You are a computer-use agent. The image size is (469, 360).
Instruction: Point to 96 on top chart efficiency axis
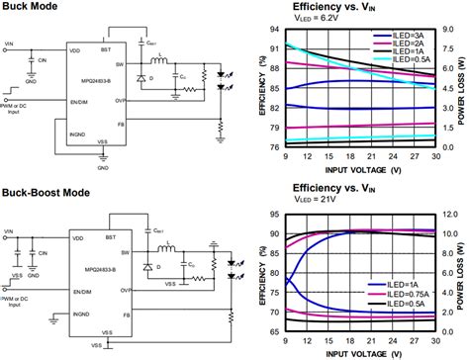274,29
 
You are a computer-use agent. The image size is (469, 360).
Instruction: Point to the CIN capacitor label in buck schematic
44,61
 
